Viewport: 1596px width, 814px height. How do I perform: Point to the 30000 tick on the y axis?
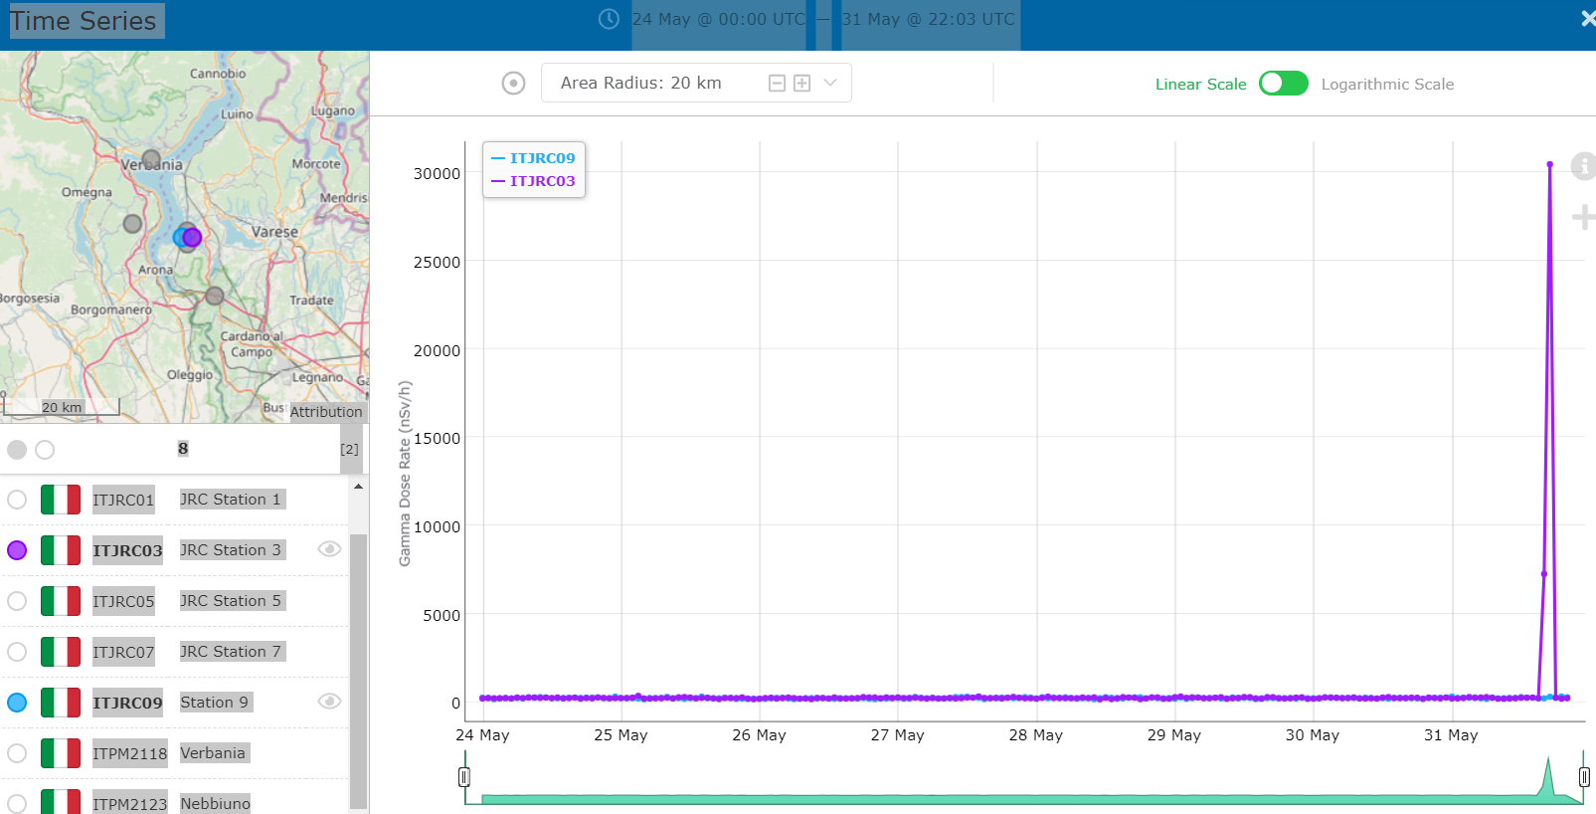(x=437, y=173)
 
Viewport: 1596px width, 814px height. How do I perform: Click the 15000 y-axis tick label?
(x=437, y=438)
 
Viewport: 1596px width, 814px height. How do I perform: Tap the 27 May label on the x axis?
(x=897, y=735)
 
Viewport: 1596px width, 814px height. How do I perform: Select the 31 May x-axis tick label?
(x=1450, y=735)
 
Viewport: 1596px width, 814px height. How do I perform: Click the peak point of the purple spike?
(x=1549, y=164)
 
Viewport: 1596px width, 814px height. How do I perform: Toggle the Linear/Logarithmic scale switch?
(x=1283, y=84)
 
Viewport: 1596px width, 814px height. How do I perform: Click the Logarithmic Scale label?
(x=1387, y=85)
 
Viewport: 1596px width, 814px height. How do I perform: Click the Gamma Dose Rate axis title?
(x=405, y=474)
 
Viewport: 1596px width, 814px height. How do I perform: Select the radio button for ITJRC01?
(x=17, y=500)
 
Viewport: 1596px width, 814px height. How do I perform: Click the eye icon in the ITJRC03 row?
(x=329, y=549)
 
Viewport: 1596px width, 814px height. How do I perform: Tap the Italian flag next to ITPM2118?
(x=61, y=753)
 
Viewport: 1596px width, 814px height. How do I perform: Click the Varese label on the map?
(x=274, y=232)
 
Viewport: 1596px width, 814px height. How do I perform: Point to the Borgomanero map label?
(x=111, y=309)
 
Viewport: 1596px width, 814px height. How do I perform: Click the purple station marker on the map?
(x=193, y=237)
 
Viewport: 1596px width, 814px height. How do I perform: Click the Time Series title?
(x=84, y=21)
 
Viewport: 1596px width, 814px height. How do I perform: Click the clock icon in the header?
(x=609, y=19)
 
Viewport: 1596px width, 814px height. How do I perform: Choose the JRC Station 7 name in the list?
(x=232, y=652)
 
